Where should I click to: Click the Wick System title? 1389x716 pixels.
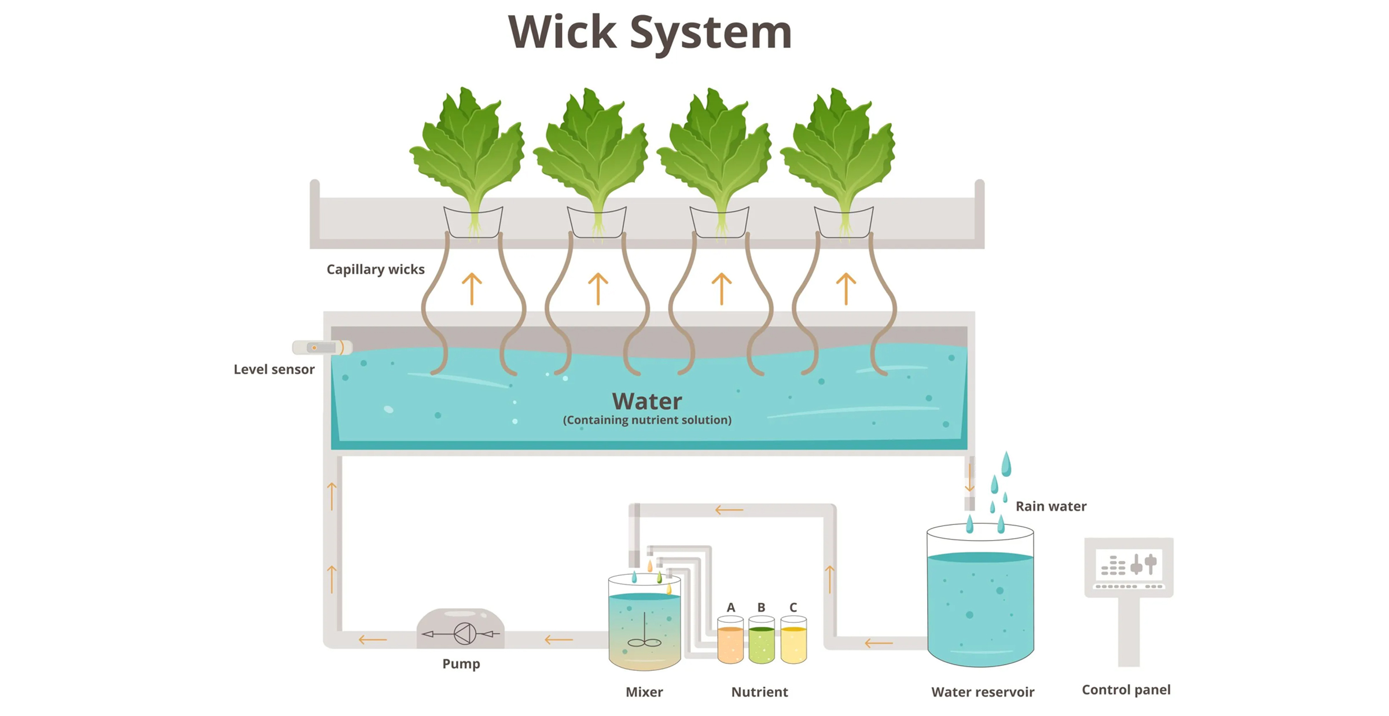point(649,32)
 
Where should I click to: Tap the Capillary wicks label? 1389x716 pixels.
point(375,269)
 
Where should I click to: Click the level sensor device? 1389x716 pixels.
point(322,347)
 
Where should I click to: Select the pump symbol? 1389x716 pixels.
point(464,633)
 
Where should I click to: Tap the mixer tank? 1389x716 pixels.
point(644,625)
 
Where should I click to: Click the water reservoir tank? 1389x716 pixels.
point(980,602)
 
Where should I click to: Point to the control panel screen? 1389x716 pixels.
point(1129,564)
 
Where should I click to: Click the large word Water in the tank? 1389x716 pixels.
point(646,401)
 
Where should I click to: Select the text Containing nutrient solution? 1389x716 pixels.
point(646,420)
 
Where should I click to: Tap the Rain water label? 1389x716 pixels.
point(1050,506)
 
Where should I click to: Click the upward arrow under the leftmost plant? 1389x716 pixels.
point(472,288)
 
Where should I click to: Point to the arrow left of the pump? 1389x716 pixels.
point(372,640)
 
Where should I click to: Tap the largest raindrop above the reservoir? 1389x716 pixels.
point(1006,464)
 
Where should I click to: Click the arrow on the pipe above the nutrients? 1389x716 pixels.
point(729,510)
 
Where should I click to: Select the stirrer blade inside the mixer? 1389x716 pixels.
point(644,642)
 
